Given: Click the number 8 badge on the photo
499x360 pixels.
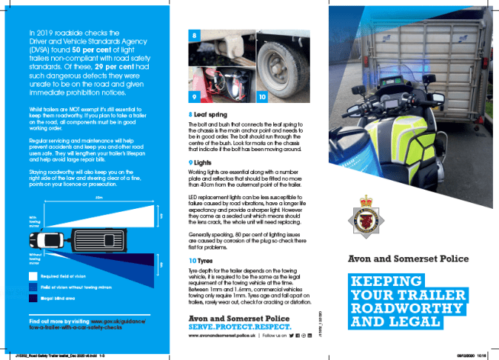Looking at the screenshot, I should click(x=194, y=34).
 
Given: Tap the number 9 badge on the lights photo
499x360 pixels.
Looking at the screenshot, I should click(x=194, y=97).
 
